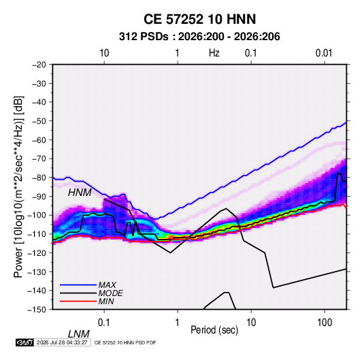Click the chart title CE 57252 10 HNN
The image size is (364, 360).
coord(199,19)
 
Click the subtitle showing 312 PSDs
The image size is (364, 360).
coord(199,37)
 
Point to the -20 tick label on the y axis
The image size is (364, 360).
coord(39,65)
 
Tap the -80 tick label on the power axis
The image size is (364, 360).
coord(39,178)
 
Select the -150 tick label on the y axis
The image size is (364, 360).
coord(37,310)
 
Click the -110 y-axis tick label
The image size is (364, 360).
coord(37,234)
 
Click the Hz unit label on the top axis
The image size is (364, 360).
coord(214,53)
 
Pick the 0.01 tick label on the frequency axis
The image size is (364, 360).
coord(324,53)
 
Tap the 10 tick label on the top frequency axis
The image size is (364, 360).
coord(104,53)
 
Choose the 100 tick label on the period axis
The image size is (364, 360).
coord(325,323)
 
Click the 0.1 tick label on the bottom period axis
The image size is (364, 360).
coord(104,323)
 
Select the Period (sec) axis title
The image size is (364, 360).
coord(214,330)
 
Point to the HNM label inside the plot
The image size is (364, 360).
coord(80,193)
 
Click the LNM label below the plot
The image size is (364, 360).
coord(78,334)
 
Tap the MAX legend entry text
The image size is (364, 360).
coord(107,285)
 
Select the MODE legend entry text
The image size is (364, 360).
coord(110,293)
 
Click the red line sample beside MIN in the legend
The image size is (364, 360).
coord(78,301)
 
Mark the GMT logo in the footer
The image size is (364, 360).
coord(24,342)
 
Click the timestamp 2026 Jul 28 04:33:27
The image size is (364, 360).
coord(62,342)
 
